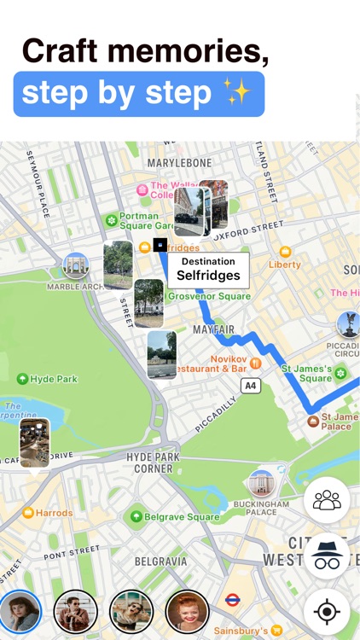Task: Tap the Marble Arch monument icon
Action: tap(75, 265)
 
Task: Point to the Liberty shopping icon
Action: tap(285, 253)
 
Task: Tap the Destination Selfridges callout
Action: tap(208, 270)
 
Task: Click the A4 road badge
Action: tap(251, 386)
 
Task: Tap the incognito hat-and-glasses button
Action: tap(327, 556)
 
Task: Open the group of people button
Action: tap(327, 500)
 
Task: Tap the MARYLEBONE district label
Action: tap(179, 162)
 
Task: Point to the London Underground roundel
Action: tap(232, 600)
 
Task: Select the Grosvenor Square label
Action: tap(209, 296)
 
